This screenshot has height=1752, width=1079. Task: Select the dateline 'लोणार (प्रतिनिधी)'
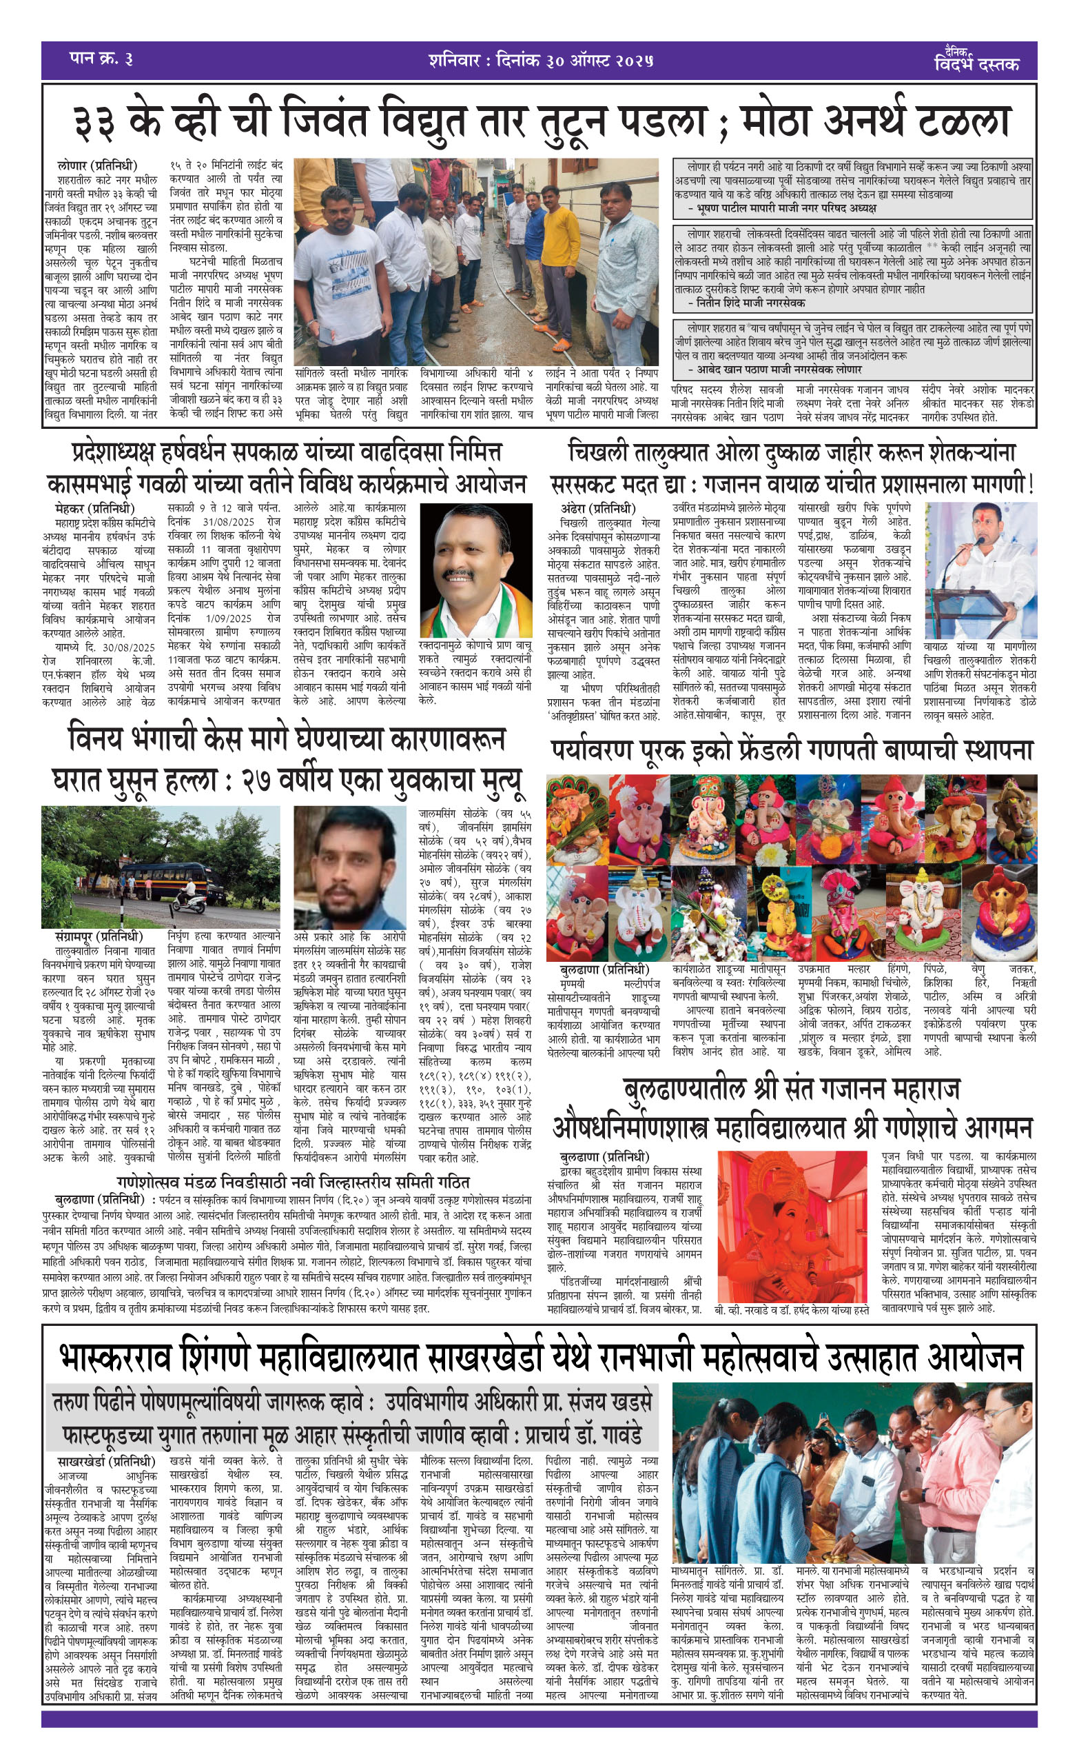point(97,165)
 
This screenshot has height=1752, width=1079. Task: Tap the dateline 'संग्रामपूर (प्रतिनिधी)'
point(99,936)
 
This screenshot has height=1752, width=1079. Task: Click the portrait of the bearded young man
point(350,867)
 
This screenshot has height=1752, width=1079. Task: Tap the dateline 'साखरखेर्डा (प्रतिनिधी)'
point(106,1456)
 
